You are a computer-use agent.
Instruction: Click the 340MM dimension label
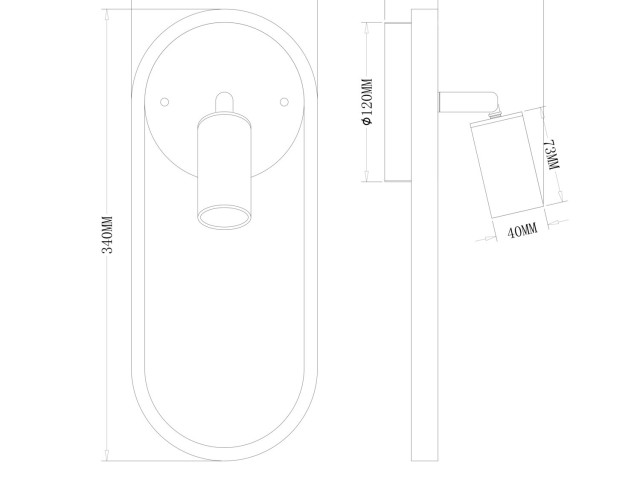(x=107, y=235)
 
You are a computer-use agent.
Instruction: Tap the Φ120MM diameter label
(x=367, y=102)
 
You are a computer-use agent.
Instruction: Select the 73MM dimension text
(x=553, y=155)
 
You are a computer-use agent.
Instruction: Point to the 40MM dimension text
(x=522, y=231)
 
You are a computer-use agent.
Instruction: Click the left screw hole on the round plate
(x=164, y=102)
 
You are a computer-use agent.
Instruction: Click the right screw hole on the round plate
(x=284, y=102)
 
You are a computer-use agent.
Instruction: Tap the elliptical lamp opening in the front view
(x=224, y=216)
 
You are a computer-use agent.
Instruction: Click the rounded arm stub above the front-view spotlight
(x=224, y=102)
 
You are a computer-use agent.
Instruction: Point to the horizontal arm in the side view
(x=468, y=102)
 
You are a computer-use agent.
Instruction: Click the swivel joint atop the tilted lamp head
(x=495, y=113)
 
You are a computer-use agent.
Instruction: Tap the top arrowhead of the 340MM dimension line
(x=107, y=14)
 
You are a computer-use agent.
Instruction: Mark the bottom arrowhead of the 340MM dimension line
(x=107, y=456)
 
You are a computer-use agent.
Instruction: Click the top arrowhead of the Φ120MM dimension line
(x=367, y=27)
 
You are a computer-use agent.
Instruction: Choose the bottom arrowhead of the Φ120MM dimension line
(x=367, y=176)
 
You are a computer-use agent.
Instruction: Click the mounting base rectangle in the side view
(x=398, y=102)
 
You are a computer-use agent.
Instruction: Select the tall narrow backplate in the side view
(x=424, y=235)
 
